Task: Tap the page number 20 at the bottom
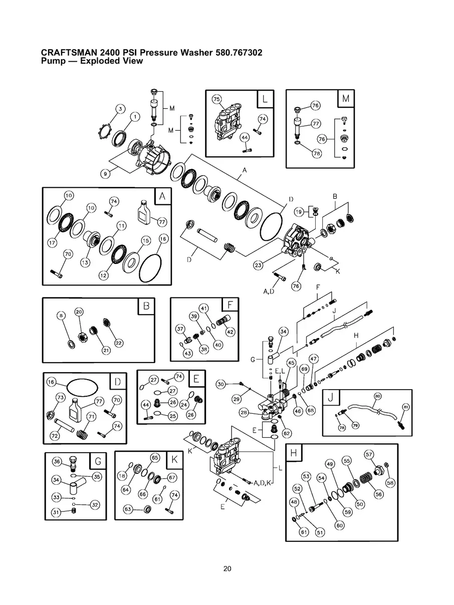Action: tap(227, 568)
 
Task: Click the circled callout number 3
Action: tap(120, 109)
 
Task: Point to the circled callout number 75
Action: tap(216, 99)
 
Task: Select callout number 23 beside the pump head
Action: tap(258, 265)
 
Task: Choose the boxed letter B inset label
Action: tap(146, 306)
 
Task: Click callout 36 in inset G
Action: tap(57, 462)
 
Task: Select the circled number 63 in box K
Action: tap(128, 510)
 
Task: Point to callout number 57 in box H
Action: tap(369, 454)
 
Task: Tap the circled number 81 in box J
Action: tap(406, 407)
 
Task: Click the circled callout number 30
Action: tap(221, 384)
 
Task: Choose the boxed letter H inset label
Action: tap(294, 453)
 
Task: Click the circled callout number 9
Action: tap(105, 174)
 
